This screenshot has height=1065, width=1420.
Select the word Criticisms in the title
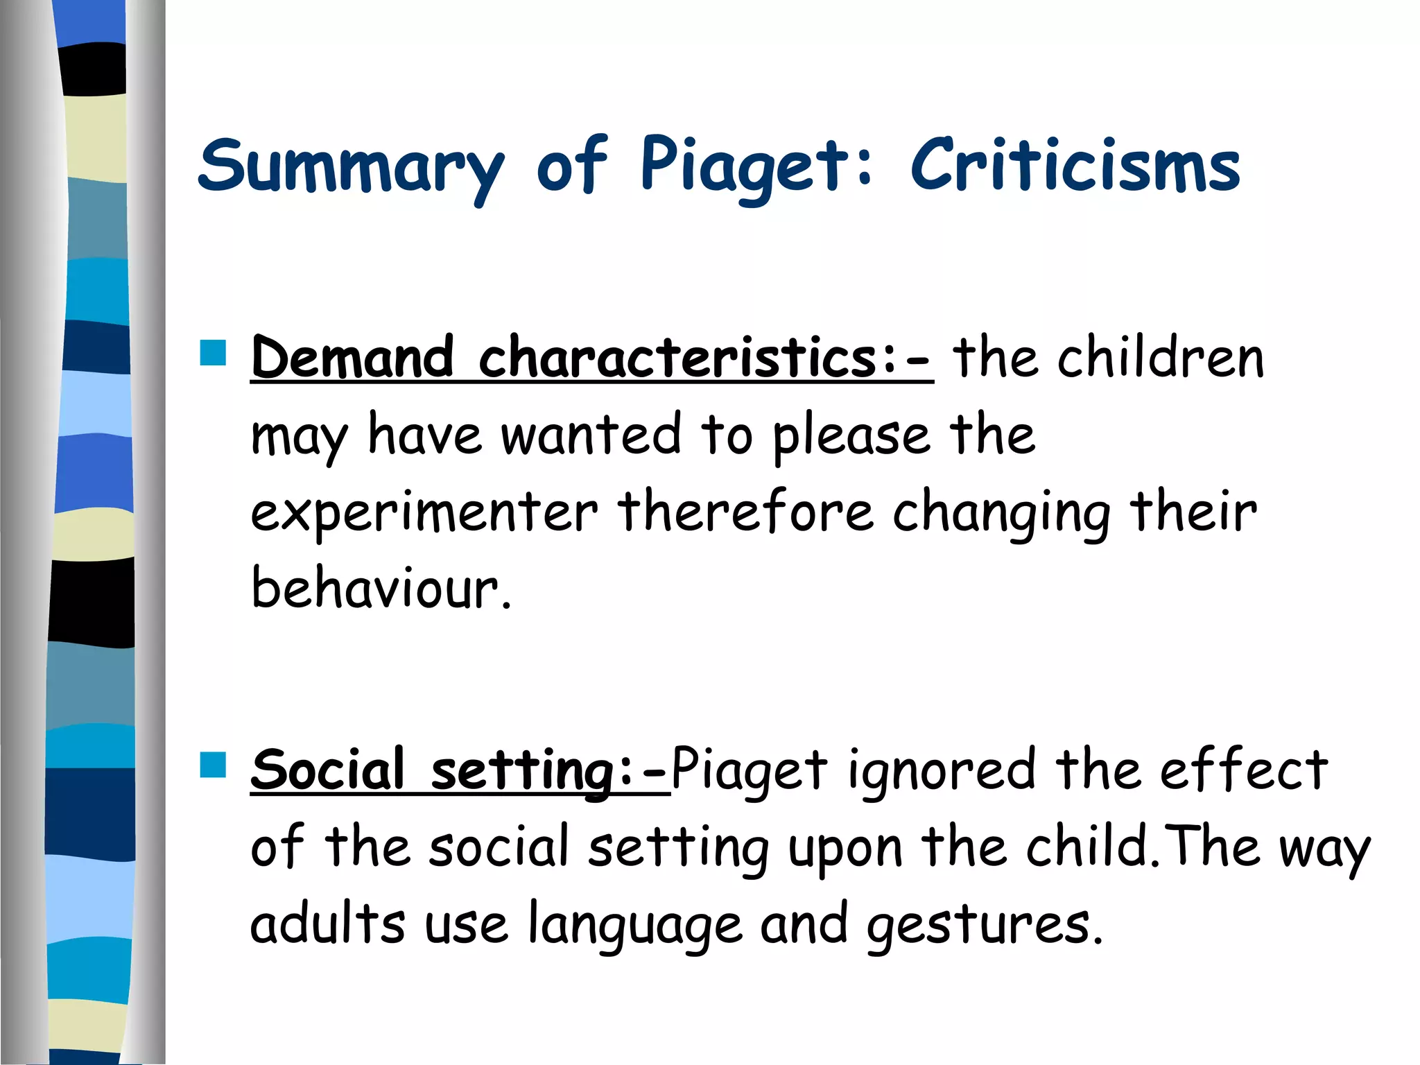1075,166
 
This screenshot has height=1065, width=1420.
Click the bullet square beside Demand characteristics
213,352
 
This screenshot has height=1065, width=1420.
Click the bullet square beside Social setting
213,765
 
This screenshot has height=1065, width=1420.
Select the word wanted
591,435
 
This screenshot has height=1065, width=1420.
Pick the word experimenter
424,513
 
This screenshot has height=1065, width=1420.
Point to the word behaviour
380,588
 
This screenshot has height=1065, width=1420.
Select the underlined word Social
327,770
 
